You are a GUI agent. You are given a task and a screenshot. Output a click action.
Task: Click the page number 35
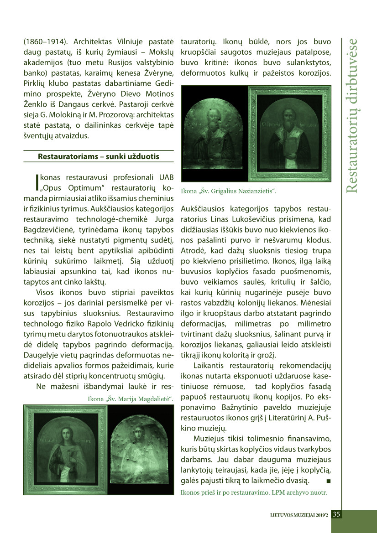point(336,514)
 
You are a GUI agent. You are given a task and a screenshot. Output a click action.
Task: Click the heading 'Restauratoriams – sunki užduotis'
point(99,156)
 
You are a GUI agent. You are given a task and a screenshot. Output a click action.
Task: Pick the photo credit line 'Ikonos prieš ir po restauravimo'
point(254,492)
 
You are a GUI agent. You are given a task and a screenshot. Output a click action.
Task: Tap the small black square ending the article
point(329,481)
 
